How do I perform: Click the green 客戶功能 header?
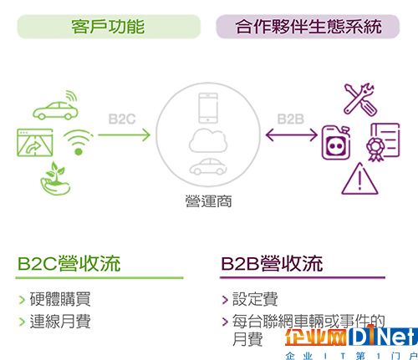point(109,27)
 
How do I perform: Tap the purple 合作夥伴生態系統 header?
point(308,27)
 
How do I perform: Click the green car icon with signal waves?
point(56,106)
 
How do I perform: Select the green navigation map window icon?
point(35,142)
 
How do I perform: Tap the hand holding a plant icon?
point(55,179)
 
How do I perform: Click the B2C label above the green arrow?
point(122,119)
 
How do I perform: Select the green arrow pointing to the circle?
point(125,135)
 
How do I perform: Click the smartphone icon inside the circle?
point(208,108)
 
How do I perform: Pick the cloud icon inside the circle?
point(208,140)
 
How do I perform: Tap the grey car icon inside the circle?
point(208,166)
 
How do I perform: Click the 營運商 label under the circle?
point(208,201)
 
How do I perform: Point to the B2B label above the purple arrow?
point(291,119)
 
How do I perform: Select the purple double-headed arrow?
point(292,135)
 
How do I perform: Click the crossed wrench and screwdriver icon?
point(359,99)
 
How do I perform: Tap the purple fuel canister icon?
point(336,143)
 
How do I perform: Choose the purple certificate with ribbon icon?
point(383,142)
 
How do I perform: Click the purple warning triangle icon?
point(359,179)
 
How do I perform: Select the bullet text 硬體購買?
point(60,299)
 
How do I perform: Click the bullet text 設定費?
point(255,299)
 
